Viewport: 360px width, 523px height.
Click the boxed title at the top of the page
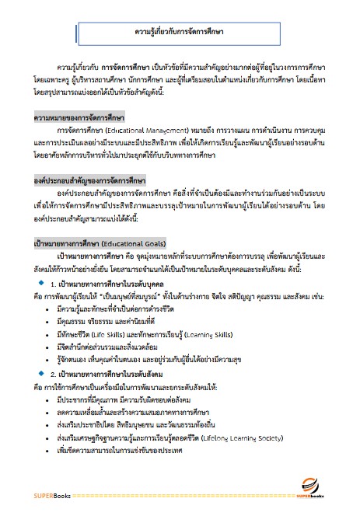(180, 33)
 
